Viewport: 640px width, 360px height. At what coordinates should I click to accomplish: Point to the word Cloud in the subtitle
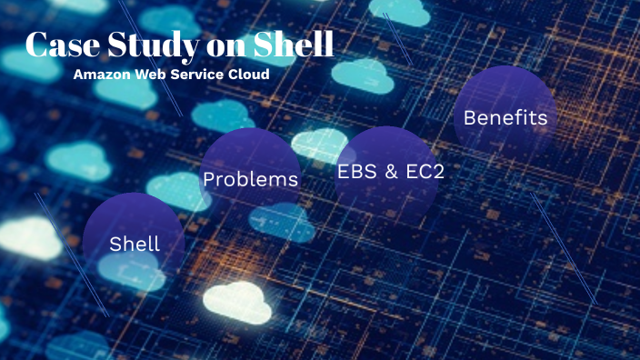250,75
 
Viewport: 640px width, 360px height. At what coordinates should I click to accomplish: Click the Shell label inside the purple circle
135,244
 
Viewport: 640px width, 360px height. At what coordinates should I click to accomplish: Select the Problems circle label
250,179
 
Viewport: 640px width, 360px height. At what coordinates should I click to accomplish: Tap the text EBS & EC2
391,171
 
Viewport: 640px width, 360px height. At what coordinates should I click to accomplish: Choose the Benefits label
505,117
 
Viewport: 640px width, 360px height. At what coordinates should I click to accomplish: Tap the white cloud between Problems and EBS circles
318,144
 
